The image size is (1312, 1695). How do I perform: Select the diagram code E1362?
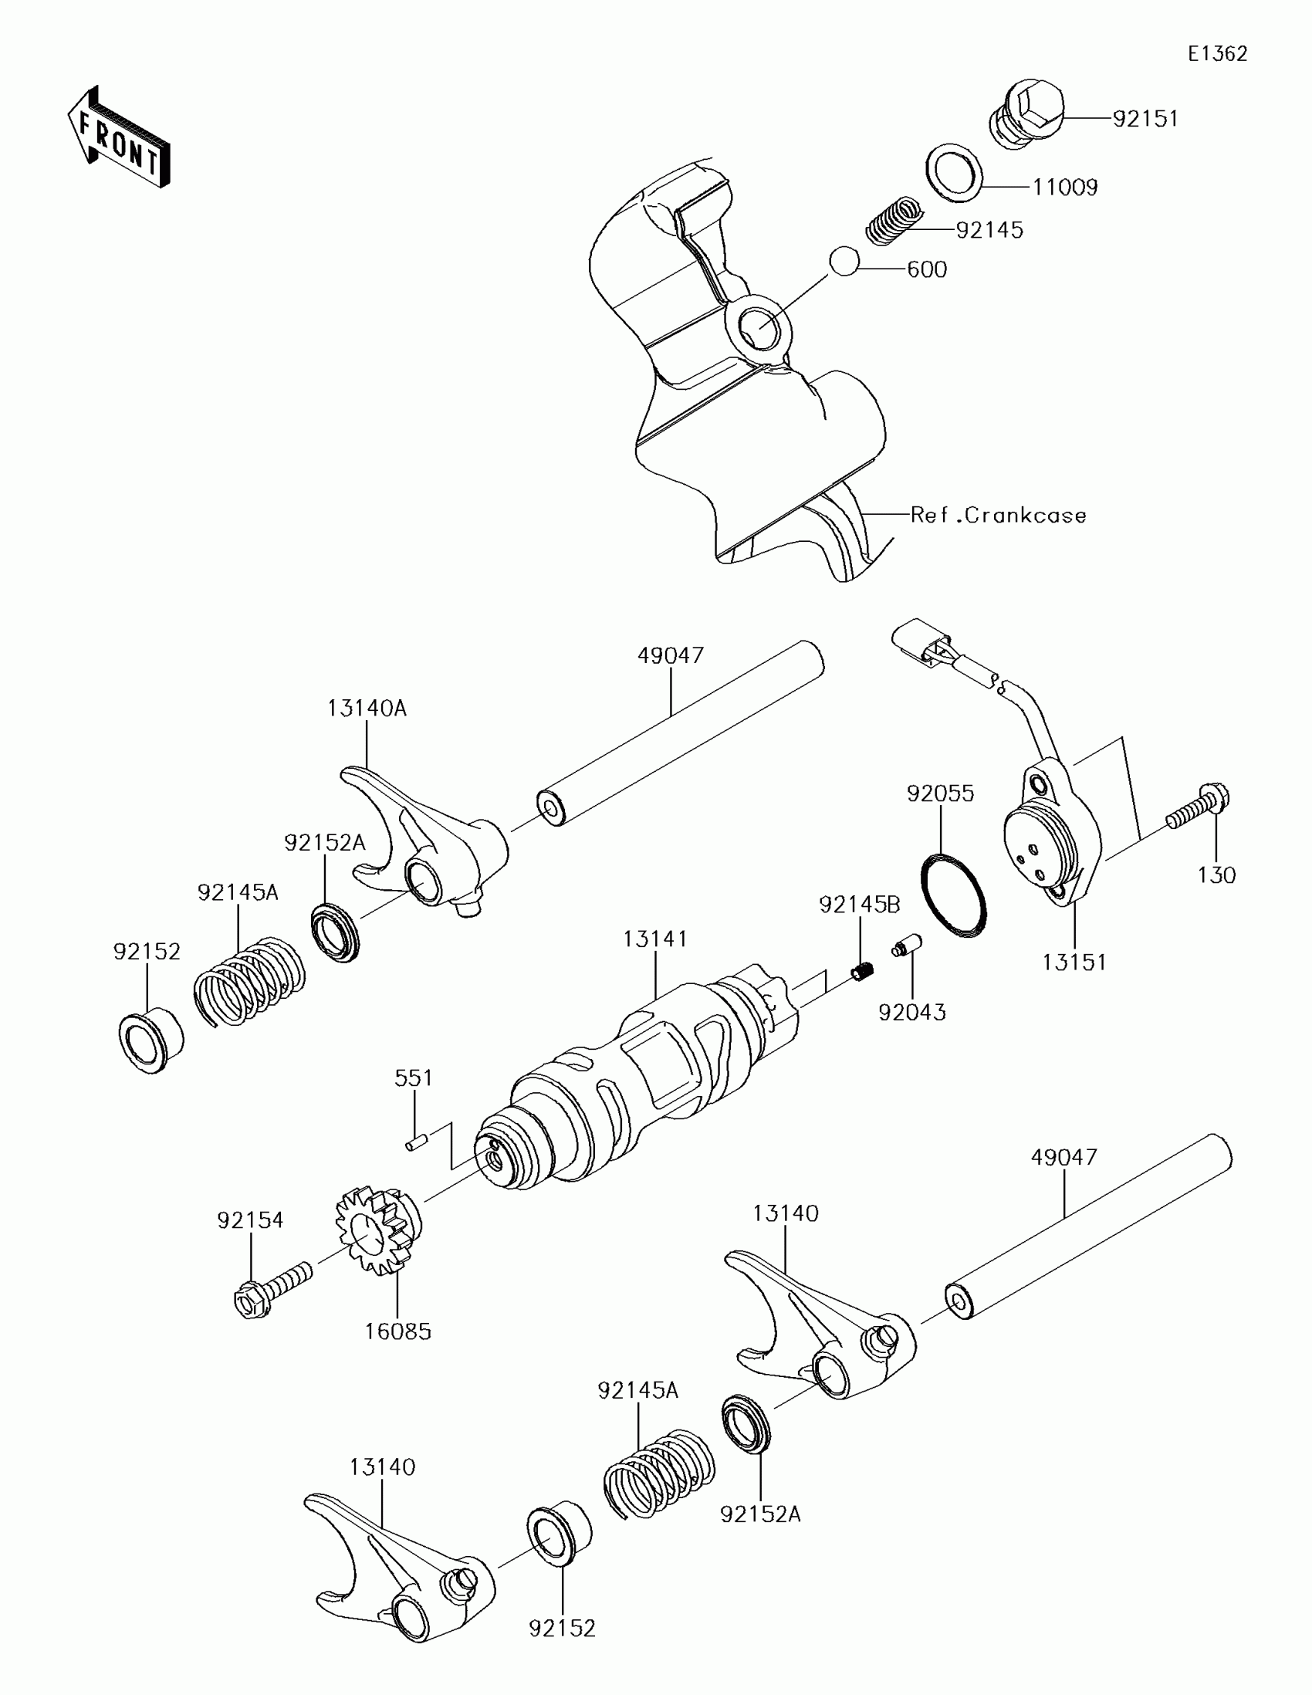tap(1217, 53)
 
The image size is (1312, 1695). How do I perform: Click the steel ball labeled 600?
tap(844, 261)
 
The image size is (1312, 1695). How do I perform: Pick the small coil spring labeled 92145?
tap(893, 221)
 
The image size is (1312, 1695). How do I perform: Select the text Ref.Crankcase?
tap(998, 516)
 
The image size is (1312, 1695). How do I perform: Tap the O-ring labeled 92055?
tap(954, 894)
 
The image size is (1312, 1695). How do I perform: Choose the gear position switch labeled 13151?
tap(1050, 837)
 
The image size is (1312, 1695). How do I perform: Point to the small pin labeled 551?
tap(415, 1142)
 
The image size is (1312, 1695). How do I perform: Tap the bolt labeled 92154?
tap(272, 1291)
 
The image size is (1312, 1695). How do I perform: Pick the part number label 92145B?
tap(860, 904)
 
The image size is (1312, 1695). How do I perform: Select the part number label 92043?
tap(911, 1012)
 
